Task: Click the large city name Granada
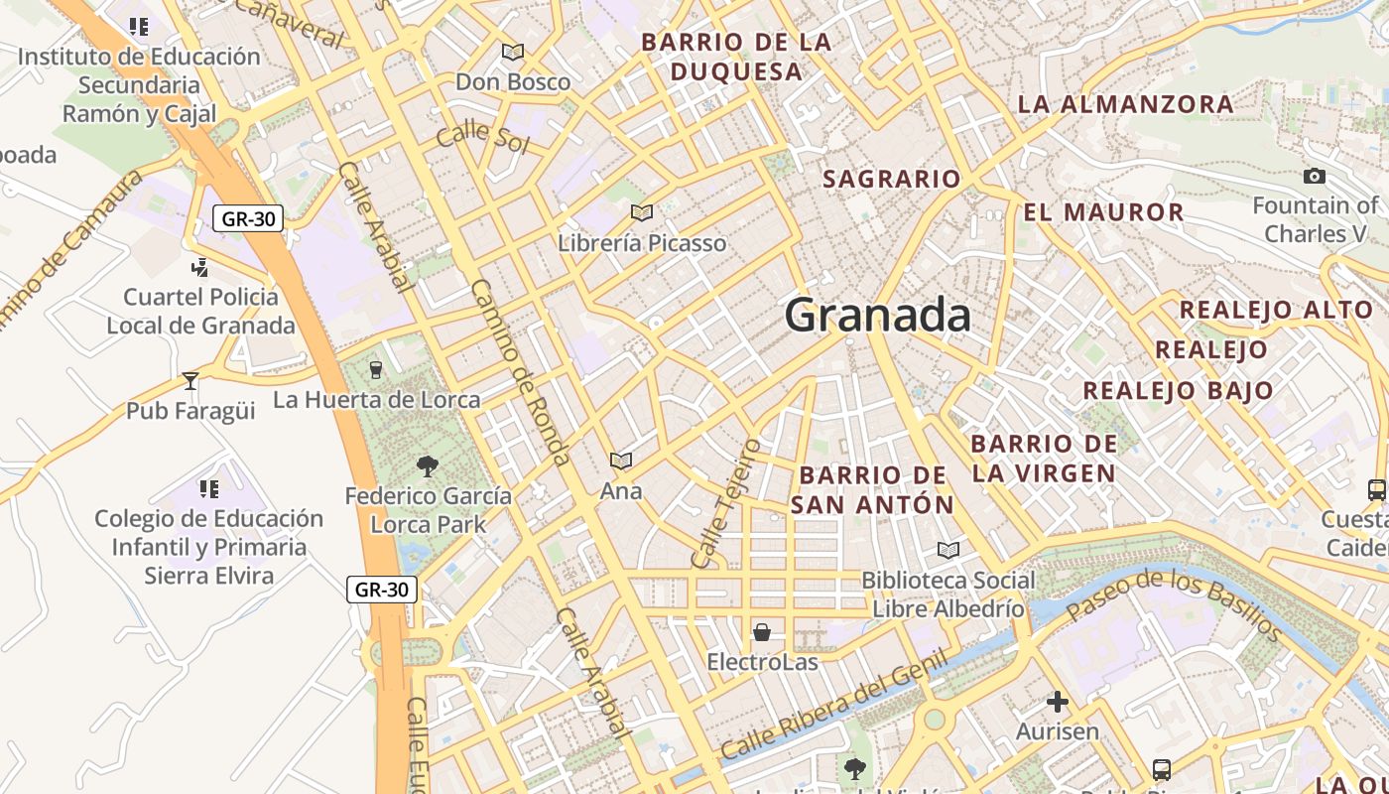877,316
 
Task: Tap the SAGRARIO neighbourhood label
892,179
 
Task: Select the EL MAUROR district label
1103,212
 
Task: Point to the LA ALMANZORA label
1111,104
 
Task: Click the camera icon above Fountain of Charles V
1315,177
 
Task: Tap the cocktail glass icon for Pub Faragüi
190,380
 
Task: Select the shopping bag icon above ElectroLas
762,632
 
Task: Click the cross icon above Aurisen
1058,703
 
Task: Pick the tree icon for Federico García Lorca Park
428,465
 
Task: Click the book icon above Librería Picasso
642,212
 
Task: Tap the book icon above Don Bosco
513,52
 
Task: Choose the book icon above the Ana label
621,461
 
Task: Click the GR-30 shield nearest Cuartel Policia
248,218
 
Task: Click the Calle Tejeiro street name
726,503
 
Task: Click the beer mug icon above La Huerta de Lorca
375,370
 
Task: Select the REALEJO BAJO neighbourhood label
1178,391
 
